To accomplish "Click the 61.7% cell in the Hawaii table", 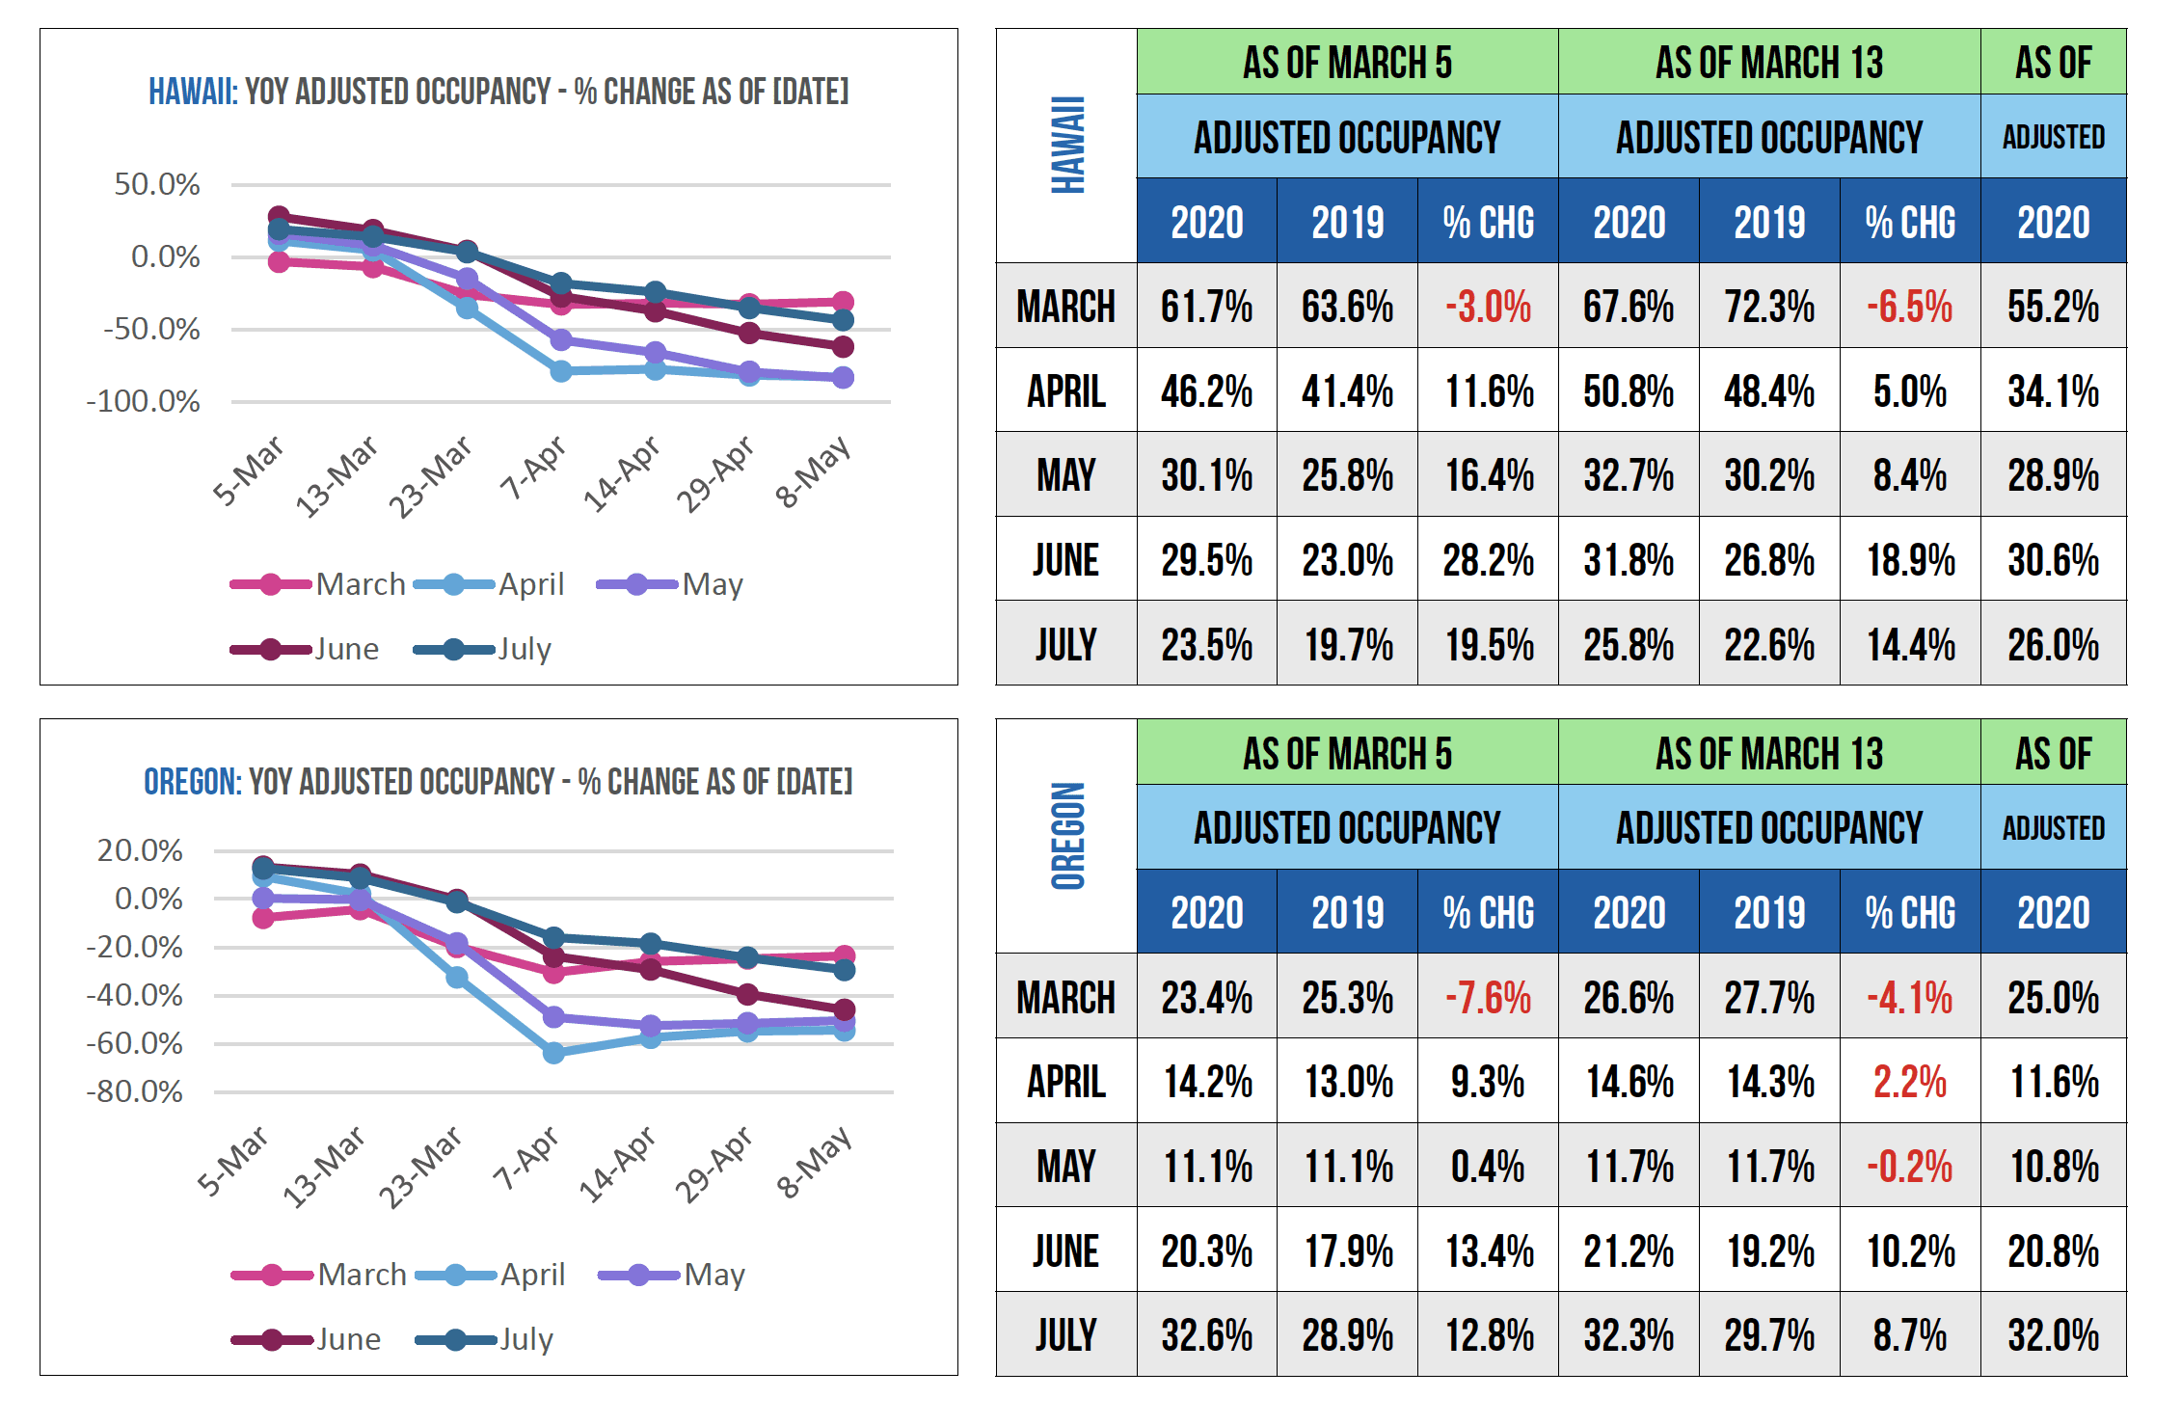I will (x=1206, y=307).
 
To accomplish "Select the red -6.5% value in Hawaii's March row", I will (x=1909, y=307).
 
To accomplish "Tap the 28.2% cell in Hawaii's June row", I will (x=1488, y=560).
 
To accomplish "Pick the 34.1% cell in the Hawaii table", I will (x=2053, y=391).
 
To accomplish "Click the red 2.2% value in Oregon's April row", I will (x=1909, y=1082).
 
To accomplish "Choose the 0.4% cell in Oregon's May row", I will (x=1488, y=1167).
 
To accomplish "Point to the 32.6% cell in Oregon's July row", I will (x=1206, y=1335).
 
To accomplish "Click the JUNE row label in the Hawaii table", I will (x=1065, y=560).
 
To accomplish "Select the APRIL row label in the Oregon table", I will (x=1065, y=1082).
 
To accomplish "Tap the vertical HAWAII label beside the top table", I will (x=1067, y=145).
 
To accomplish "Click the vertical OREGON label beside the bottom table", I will (x=1067, y=836).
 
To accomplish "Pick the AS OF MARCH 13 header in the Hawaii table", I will (x=1768, y=63).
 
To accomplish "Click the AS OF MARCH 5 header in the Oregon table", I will (x=1347, y=754).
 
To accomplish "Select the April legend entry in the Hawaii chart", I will (x=530, y=584).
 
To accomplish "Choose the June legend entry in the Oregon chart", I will (x=347, y=1339).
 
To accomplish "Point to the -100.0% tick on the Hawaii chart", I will (x=143, y=401).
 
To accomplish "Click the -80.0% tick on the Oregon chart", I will (x=134, y=1092).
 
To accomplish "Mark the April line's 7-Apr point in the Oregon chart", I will (x=553, y=1053).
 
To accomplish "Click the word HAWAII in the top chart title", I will (x=192, y=92).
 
